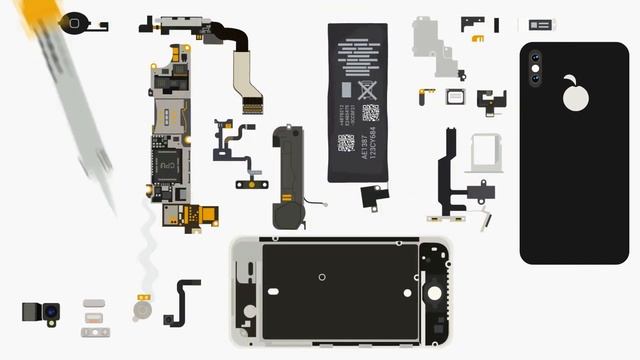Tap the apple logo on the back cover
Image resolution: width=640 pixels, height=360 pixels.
click(575, 94)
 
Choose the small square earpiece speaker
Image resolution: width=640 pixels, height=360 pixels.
click(455, 96)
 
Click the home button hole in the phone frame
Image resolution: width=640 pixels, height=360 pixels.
click(434, 293)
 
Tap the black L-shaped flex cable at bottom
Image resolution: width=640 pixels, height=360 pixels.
click(183, 301)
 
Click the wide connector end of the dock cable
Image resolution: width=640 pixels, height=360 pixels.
click(247, 99)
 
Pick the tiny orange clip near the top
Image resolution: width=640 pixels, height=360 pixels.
click(478, 39)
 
